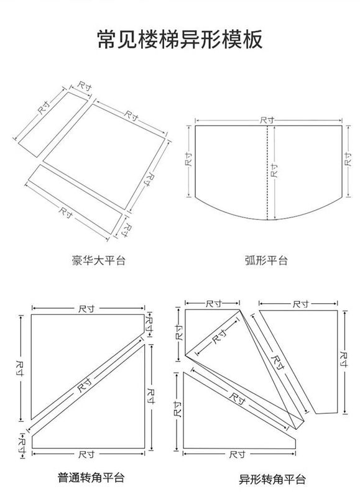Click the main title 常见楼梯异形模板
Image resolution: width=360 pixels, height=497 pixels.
(x=180, y=39)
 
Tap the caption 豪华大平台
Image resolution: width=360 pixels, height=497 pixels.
(x=99, y=260)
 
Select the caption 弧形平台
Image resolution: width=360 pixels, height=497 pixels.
(x=267, y=260)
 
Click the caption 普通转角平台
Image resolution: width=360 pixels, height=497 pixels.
(x=91, y=477)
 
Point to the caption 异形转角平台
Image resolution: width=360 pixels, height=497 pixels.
(x=272, y=479)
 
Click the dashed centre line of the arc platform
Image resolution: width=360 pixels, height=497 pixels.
(x=267, y=173)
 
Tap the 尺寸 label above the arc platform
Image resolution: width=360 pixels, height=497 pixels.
(x=267, y=120)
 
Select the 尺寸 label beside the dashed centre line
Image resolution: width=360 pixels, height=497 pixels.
(x=274, y=170)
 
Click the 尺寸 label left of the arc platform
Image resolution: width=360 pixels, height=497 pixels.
(x=189, y=160)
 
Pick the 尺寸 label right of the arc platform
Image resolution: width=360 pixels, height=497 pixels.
(x=348, y=160)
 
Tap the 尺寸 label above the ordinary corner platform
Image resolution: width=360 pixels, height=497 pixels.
(x=86, y=308)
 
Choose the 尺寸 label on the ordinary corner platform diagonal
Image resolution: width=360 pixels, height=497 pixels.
(x=85, y=385)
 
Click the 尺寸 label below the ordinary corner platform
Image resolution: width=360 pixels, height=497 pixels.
(x=86, y=455)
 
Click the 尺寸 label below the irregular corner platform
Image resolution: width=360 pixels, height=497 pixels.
(x=237, y=455)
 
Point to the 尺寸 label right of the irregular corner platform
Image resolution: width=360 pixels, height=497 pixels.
(x=343, y=359)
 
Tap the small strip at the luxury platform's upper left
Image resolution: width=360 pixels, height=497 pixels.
(x=52, y=124)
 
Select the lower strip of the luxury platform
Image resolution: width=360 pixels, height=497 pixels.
(x=75, y=199)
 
